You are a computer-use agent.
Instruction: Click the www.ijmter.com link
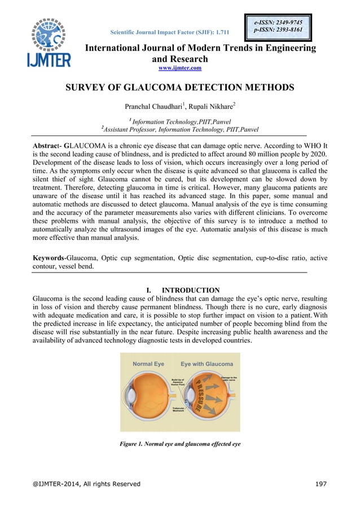[x=179, y=68]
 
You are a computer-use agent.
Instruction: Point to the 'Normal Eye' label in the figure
[x=149, y=364]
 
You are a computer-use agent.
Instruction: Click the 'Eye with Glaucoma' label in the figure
[x=207, y=364]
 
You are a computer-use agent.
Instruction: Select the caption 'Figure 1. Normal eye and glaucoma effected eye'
[x=180, y=444]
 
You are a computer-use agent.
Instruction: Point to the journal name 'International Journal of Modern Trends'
[x=200, y=49]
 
